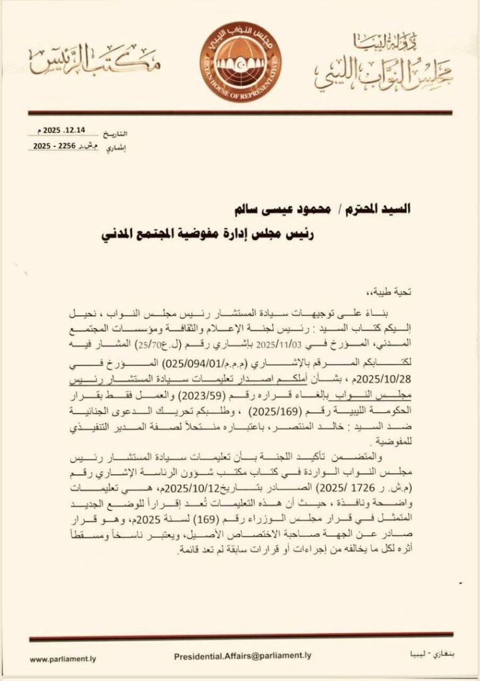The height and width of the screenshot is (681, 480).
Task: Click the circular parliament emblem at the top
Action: click(x=239, y=57)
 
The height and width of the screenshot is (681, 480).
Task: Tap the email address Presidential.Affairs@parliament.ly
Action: click(x=242, y=655)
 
